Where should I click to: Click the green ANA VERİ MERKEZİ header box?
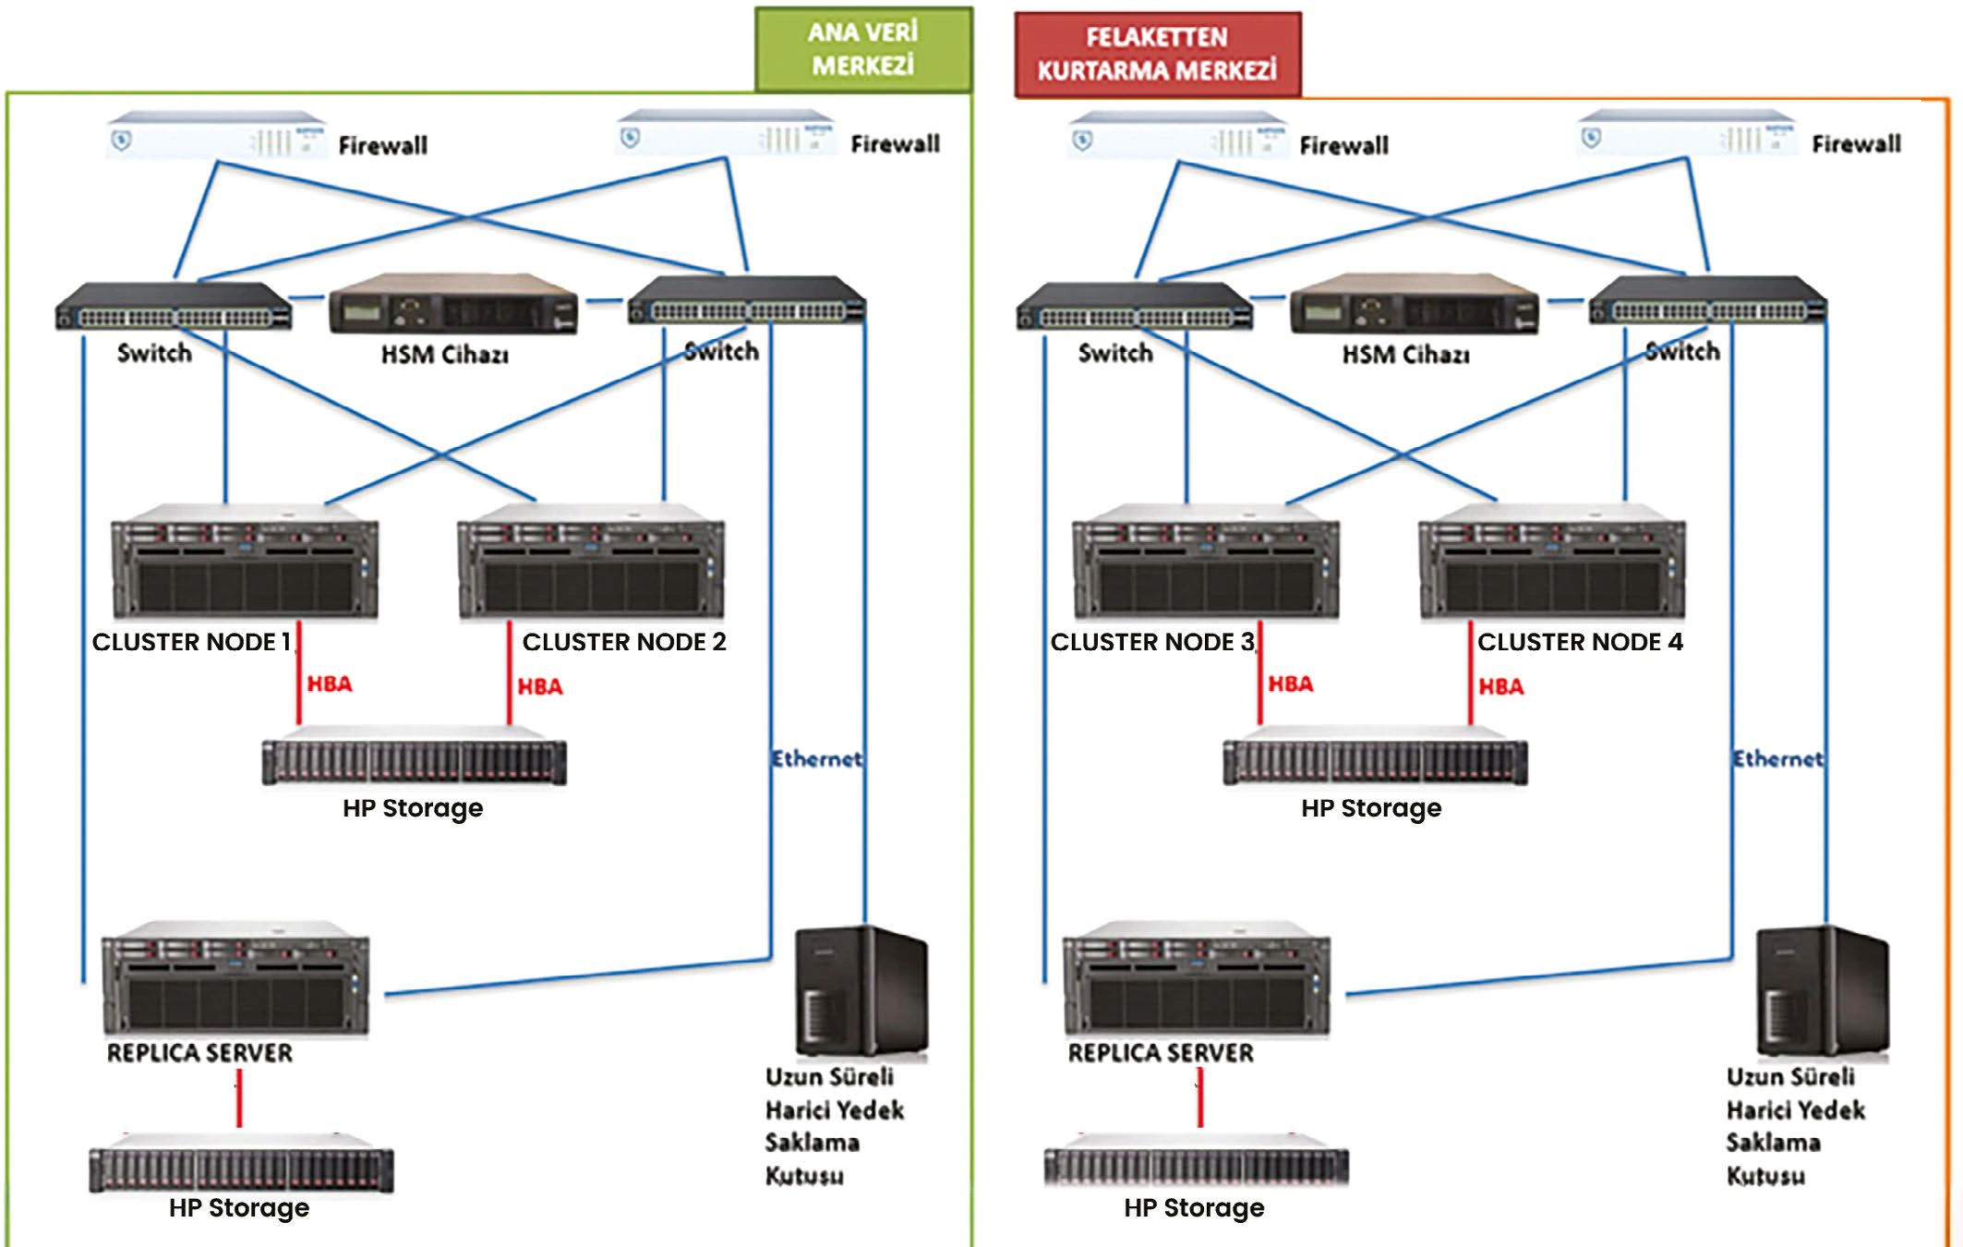(863, 50)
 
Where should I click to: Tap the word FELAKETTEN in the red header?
(1157, 37)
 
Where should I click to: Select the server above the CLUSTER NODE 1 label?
(245, 561)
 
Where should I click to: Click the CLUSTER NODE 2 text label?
(624, 642)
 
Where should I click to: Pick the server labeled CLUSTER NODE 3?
(1206, 561)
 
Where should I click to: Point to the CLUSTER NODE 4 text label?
(1580, 642)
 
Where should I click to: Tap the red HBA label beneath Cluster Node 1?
(330, 684)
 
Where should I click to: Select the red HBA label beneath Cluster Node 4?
(1501, 687)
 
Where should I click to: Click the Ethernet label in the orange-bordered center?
(1778, 759)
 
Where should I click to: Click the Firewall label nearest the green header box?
(895, 144)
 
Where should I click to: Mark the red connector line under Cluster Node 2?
(509, 672)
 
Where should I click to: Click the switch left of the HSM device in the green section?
(174, 306)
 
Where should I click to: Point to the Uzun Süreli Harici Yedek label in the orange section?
(1795, 1094)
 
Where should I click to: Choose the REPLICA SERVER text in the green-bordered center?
(199, 1053)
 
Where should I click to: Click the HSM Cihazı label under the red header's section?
(1405, 355)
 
